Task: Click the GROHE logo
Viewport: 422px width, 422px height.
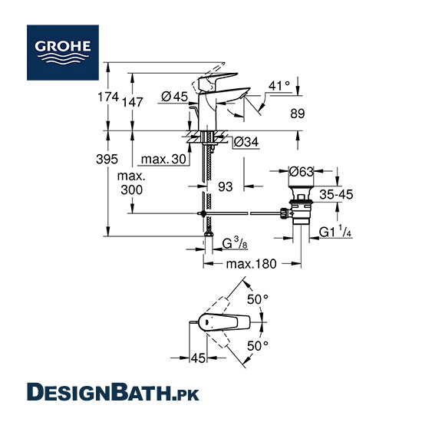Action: [x=63, y=52]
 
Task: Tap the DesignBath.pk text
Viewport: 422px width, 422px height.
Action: [x=113, y=392]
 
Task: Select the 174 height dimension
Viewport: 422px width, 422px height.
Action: [x=108, y=97]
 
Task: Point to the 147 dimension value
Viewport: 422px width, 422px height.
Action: [x=132, y=102]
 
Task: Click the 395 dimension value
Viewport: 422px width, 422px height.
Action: [x=107, y=159]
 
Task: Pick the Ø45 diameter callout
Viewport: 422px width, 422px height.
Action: [x=174, y=97]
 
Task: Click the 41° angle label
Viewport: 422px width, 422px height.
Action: [x=279, y=86]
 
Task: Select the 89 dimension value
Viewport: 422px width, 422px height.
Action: [x=298, y=114]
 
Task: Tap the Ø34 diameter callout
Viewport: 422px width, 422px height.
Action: [x=246, y=142]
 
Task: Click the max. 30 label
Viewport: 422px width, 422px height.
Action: [x=163, y=159]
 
